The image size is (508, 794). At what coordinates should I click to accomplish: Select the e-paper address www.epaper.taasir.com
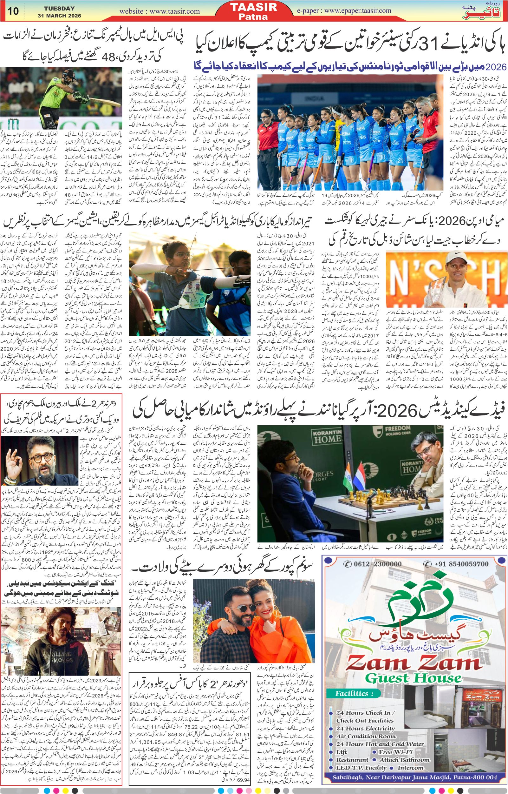click(358, 10)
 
